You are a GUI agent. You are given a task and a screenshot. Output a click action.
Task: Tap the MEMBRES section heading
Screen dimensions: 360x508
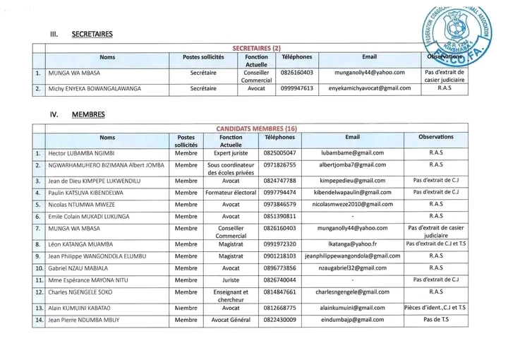point(87,114)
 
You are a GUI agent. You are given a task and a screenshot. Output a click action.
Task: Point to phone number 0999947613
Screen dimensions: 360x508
point(297,89)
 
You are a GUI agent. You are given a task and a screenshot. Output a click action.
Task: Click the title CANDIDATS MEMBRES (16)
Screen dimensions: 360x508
point(256,128)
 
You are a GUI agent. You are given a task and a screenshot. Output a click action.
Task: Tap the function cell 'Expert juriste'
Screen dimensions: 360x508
point(231,152)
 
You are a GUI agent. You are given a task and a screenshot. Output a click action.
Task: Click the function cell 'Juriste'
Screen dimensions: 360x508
point(231,280)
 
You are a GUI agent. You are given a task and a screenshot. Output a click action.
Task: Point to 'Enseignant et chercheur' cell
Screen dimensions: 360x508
point(231,295)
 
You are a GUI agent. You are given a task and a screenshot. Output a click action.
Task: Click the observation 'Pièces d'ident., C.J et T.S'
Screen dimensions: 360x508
point(435,308)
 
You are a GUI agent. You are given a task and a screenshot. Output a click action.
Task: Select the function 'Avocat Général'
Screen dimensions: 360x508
point(231,320)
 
